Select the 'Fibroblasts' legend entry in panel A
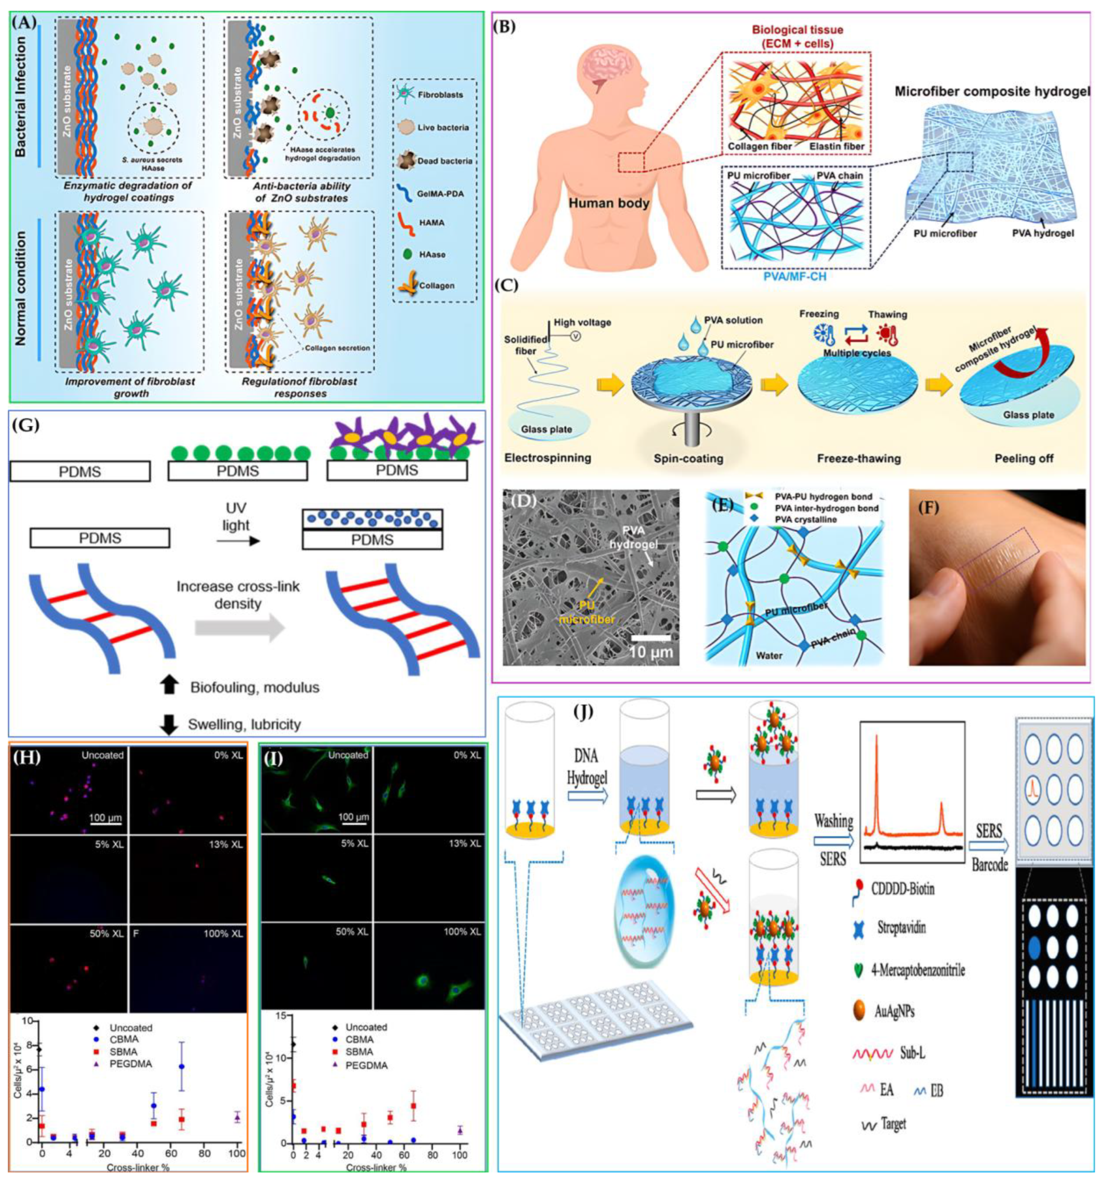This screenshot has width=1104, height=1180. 439,95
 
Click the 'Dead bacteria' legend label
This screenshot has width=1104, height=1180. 444,161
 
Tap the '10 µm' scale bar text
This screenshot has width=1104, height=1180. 652,652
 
